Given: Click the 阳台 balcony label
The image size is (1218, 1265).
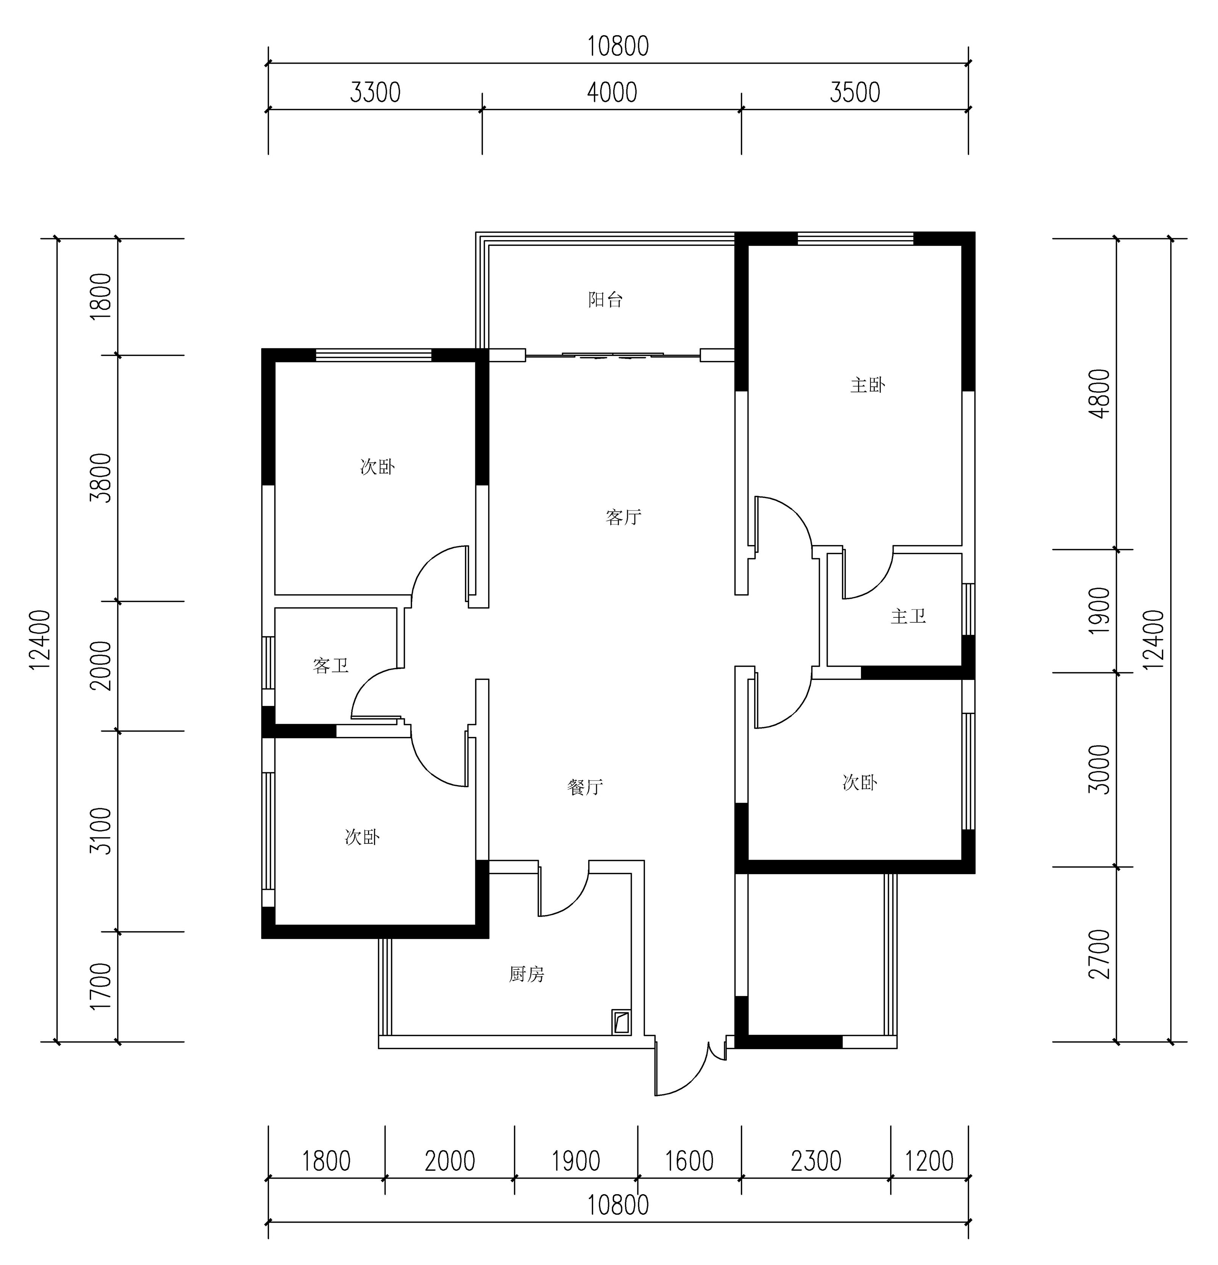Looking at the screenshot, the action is [605, 300].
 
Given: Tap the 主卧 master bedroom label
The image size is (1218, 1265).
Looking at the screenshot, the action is [867, 385].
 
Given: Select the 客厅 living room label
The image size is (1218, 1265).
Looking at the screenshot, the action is [623, 517].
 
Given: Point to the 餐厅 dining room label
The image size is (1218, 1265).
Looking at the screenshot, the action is [585, 787].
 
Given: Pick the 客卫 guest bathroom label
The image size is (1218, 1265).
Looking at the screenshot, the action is [331, 665].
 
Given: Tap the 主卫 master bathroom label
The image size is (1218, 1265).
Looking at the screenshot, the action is [908, 616].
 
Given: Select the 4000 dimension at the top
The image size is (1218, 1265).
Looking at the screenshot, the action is [612, 93].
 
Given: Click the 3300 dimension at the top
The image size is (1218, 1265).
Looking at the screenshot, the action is [375, 93].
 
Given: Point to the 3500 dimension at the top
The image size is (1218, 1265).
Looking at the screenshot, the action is [855, 93].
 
